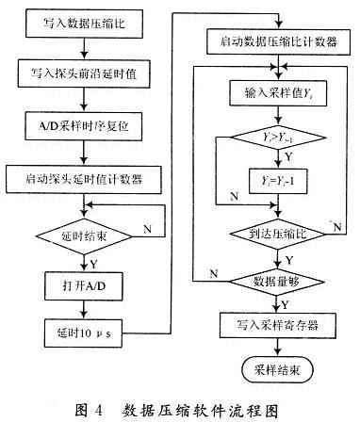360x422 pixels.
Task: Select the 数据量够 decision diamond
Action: click(273, 281)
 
